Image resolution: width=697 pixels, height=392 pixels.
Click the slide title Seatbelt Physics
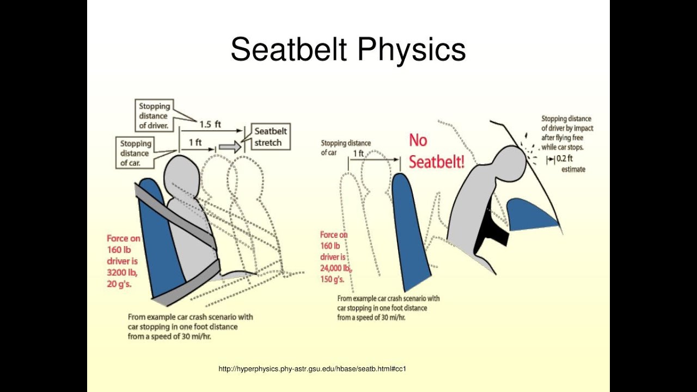[348, 49]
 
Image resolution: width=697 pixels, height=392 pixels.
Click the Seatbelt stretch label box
[271, 137]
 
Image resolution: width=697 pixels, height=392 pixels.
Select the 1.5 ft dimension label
[210, 124]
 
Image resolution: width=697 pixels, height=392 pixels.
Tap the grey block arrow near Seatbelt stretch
[231, 146]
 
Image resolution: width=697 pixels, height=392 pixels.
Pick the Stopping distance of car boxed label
[136, 153]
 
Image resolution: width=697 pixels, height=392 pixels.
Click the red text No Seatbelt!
[436, 151]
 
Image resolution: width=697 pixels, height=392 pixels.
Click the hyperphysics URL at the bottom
[312, 369]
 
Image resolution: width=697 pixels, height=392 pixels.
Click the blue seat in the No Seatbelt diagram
[408, 229]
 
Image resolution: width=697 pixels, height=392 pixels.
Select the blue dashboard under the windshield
[531, 215]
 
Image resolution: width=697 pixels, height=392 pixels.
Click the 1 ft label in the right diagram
[358, 154]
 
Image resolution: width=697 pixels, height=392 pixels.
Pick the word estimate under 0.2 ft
[573, 169]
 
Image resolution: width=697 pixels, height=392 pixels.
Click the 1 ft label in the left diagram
[195, 142]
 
